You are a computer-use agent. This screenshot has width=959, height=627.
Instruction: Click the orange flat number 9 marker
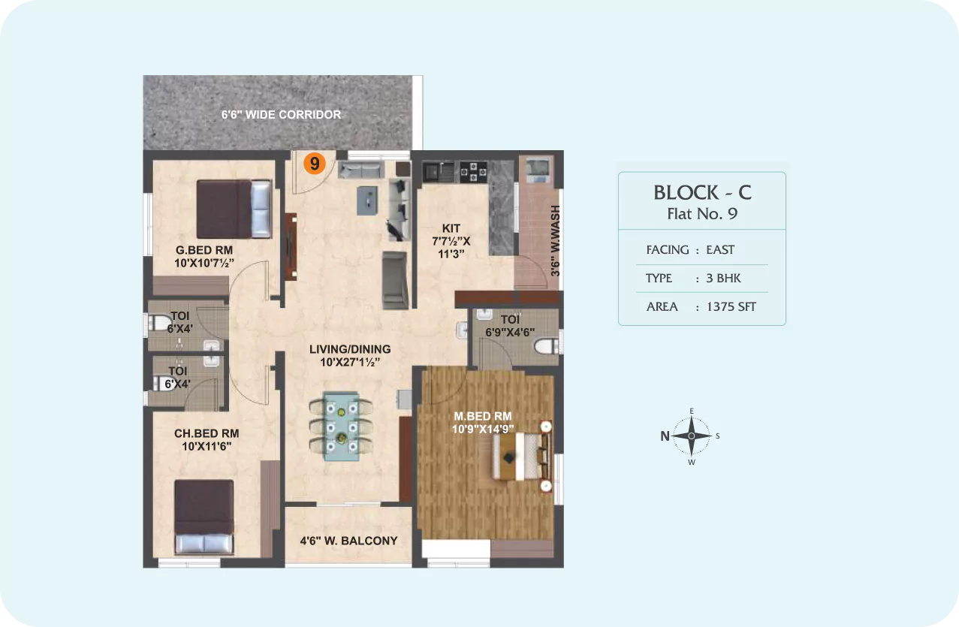(315, 164)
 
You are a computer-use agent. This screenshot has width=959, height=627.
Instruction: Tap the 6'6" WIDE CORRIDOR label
(282, 115)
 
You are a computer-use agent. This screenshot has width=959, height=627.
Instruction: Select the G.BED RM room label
(204, 250)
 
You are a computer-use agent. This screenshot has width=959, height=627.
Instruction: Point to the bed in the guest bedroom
(234, 209)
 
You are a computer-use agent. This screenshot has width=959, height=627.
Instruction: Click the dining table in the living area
(341, 427)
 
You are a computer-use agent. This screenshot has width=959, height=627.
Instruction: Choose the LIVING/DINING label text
(350, 349)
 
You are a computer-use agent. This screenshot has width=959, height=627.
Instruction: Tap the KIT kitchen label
(451, 228)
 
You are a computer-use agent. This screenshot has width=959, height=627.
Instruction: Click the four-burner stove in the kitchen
(474, 172)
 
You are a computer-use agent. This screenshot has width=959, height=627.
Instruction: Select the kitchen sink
(439, 172)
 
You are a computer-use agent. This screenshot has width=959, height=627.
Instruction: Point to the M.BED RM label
(482, 416)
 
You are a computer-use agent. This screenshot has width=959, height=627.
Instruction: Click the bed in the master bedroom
(522, 457)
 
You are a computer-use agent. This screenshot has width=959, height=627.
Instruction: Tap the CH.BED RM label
(207, 433)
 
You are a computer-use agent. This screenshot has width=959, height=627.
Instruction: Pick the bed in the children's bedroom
(204, 517)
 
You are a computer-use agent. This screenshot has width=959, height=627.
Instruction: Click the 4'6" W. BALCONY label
(349, 541)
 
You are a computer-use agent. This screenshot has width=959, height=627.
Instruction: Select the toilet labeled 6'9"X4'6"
(510, 326)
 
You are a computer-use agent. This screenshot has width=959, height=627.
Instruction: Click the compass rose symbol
(692, 436)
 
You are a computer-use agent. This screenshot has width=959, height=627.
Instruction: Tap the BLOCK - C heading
(703, 192)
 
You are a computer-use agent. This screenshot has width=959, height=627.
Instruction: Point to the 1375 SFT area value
(731, 307)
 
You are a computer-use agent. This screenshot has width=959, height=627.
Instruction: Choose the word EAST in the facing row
(720, 249)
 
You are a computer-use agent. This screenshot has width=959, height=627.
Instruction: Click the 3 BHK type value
(723, 278)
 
